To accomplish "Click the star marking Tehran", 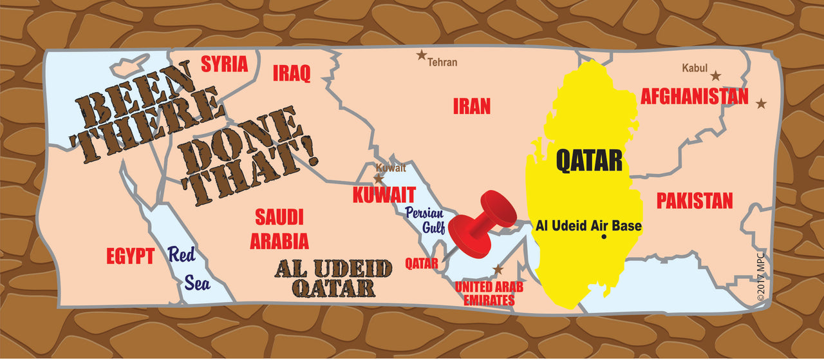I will pos(422,55).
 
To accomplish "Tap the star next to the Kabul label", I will pos(715,75).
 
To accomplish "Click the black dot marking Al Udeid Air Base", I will pos(604,237).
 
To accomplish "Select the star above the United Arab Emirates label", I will pos(497,269).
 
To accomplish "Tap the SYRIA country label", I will pos(224,64).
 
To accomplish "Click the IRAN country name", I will pos(471,106).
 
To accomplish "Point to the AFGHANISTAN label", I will pos(694,97).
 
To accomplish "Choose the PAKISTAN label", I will pos(694,201).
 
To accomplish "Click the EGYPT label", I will pos(130,256).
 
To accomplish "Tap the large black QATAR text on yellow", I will pos(589,160).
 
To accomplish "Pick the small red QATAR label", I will pos(422,263).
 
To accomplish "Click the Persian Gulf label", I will pos(420,220).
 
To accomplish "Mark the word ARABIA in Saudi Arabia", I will pos(279,242).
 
